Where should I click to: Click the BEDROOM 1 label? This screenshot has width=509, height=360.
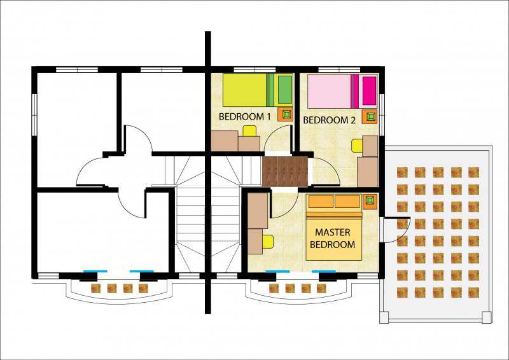point(244,117)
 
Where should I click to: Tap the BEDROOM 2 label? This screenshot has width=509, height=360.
point(329,120)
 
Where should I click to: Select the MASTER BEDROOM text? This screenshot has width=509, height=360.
point(333,238)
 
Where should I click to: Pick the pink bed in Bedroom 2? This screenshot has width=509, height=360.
point(342,91)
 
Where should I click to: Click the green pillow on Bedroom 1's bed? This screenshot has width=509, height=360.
point(285,90)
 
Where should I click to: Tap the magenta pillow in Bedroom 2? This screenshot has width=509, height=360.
point(370,90)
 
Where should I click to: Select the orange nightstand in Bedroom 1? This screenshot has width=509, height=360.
point(286,114)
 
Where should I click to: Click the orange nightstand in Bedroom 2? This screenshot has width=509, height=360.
point(370,116)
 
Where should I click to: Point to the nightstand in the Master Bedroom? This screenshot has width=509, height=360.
point(370,202)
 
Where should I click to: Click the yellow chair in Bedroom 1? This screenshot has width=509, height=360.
point(250,131)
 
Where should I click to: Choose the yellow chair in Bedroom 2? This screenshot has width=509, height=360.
point(358,146)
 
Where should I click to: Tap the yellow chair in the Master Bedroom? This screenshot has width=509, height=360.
point(268,242)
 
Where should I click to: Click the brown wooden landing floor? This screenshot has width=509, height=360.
point(285,170)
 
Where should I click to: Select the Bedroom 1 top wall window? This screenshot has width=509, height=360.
point(255,69)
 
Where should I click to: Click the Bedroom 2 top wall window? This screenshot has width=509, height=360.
point(339,69)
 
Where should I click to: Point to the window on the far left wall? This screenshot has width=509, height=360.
point(34,115)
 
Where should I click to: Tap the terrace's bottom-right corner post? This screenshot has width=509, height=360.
point(487,317)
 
